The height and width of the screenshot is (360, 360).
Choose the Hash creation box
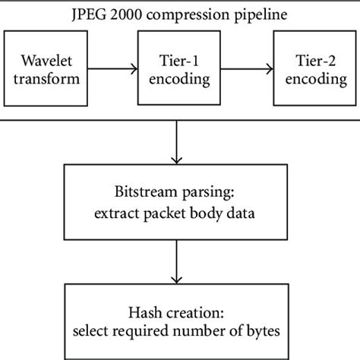(x=178, y=320)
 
